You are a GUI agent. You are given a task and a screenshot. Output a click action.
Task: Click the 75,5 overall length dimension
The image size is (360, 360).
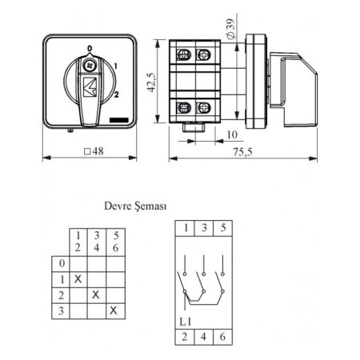tap(242, 152)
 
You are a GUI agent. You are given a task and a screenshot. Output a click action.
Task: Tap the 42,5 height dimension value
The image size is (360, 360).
tap(151, 82)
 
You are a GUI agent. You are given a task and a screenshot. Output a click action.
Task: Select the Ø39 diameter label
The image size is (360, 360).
tap(231, 29)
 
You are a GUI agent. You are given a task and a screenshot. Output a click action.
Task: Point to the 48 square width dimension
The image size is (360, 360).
tap(94, 151)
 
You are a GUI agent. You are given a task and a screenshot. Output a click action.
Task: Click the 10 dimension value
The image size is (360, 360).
tap(232, 134)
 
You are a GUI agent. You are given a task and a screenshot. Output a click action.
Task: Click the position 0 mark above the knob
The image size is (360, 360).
tap(90, 48)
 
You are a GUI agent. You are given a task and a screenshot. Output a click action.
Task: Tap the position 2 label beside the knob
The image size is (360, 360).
tap(116, 94)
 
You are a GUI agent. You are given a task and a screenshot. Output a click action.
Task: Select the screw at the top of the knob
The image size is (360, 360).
tap(90, 66)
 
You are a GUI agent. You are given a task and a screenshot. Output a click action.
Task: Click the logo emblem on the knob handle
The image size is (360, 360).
tap(90, 86)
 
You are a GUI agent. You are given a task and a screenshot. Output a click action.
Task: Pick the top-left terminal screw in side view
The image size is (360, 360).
tap(184, 55)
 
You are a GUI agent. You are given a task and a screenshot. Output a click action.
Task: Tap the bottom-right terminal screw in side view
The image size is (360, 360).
tap(204, 108)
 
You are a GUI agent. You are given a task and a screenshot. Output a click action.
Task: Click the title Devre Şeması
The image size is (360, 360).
tap(135, 206)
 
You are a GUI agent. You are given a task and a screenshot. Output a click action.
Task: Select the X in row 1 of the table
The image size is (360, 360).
tap(78, 279)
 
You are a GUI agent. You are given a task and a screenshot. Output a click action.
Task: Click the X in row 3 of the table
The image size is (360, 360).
tap(114, 310)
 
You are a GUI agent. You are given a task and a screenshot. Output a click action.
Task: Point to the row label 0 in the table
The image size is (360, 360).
tap(62, 263)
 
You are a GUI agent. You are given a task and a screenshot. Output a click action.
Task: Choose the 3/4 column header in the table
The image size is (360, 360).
tap(97, 242)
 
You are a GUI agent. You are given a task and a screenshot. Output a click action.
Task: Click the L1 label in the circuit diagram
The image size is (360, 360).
tap(186, 322)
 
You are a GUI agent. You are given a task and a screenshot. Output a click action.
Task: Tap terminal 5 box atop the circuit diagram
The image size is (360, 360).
tap(223, 228)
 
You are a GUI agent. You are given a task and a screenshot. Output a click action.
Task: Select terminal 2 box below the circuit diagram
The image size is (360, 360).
tap(185, 337)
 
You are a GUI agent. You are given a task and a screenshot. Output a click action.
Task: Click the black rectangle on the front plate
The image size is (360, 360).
tap(119, 120)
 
